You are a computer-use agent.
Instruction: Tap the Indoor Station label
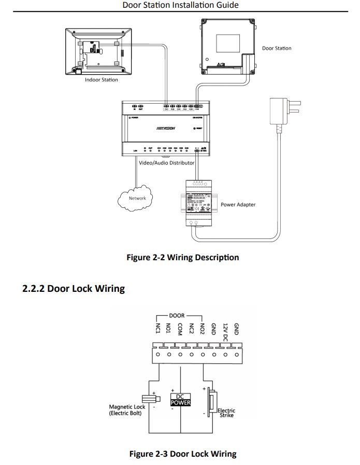102,80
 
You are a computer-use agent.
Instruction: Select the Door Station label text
277,48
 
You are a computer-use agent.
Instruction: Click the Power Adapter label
238,204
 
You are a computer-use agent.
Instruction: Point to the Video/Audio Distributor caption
167,163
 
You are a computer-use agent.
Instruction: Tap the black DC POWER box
181,399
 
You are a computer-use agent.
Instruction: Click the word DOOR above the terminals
177,315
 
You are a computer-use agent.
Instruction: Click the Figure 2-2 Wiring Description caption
183,257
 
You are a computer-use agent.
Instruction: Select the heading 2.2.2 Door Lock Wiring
74,289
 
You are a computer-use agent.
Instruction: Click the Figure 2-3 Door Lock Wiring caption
182,454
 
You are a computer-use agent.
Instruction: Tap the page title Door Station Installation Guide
181,5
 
